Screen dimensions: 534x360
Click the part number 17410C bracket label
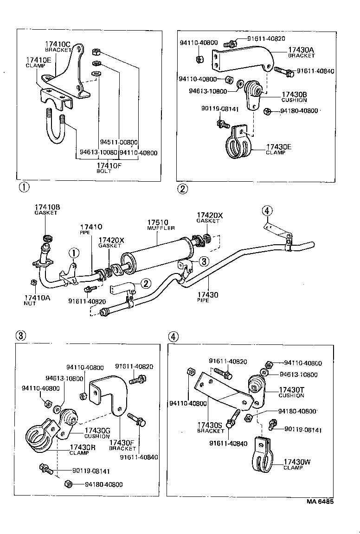pyautogui.click(x=58, y=46)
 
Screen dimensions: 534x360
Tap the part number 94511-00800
pyautogui.click(x=119, y=143)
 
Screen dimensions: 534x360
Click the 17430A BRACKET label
pyautogui.click(x=301, y=52)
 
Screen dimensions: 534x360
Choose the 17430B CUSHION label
pyautogui.click(x=294, y=96)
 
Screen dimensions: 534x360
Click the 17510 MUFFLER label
pyautogui.click(x=159, y=224)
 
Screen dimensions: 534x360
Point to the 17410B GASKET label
pyautogui.click(x=46, y=209)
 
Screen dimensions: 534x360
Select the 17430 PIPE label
pyautogui.click(x=202, y=297)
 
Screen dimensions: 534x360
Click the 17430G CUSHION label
pyautogui.click(x=97, y=433)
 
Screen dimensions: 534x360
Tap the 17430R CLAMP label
pyautogui.click(x=83, y=450)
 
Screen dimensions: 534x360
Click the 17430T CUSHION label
pyautogui.click(x=291, y=392)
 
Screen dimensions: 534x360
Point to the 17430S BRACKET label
pyautogui.click(x=211, y=427)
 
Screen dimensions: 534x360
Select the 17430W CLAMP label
pyautogui.click(x=297, y=464)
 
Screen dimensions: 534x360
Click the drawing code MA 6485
pyautogui.click(x=320, y=501)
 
